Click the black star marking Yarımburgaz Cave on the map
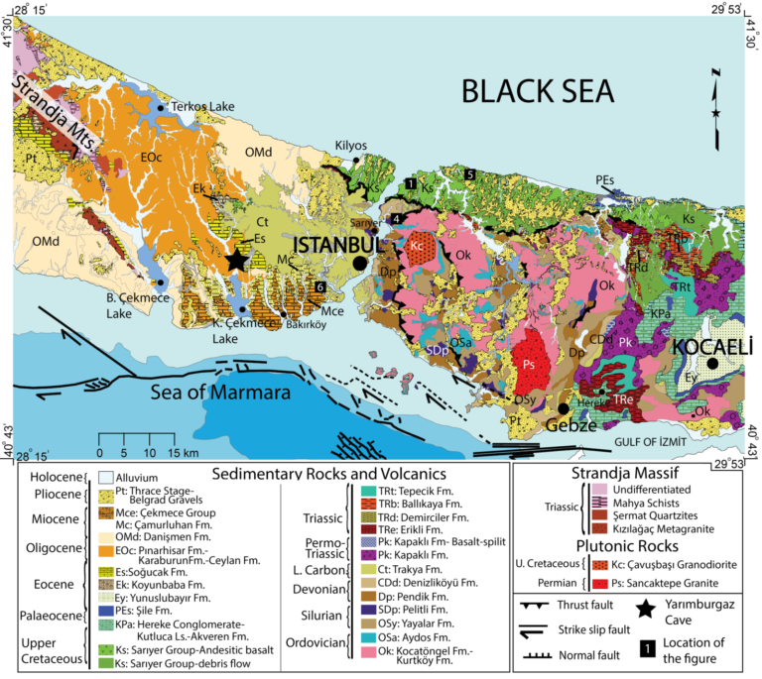pyautogui.click(x=236, y=260)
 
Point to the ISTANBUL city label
pyautogui.click(x=335, y=244)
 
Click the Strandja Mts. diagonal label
pyautogui.click(x=57, y=113)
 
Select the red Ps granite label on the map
pyautogui.click(x=530, y=365)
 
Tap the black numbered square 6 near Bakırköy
pyautogui.click(x=319, y=287)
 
